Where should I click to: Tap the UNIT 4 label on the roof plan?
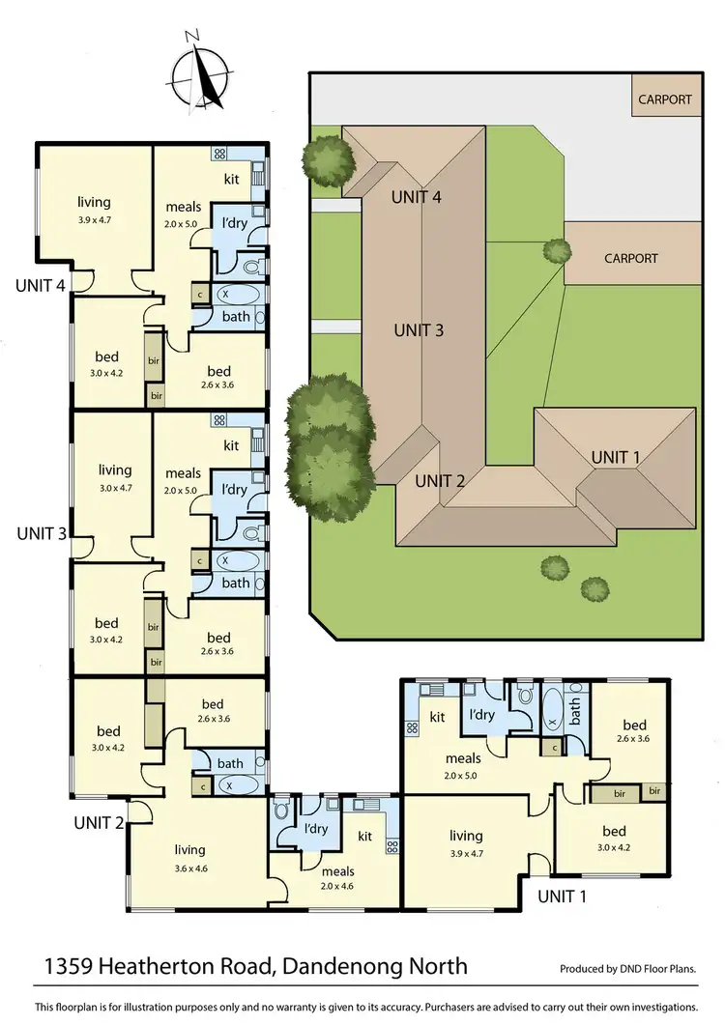coord(417,197)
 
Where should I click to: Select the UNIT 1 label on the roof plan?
coord(615,457)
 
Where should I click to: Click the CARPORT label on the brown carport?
coord(630,258)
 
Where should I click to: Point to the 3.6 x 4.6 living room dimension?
coord(189,867)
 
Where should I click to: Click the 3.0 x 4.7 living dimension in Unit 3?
coord(115,488)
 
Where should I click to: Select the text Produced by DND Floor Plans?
coord(627,968)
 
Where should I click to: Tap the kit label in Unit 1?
coord(437,717)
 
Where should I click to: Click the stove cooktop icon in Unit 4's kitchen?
coord(219,153)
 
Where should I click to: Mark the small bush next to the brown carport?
coord(556,250)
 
